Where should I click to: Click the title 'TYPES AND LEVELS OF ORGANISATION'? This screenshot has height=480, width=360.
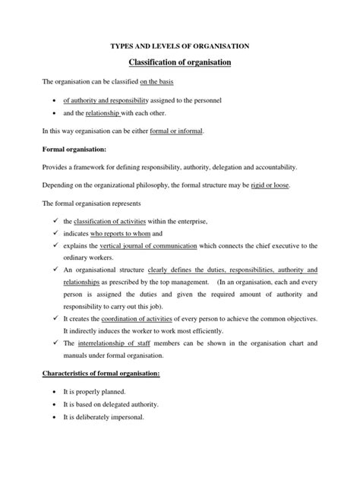[x=179, y=46]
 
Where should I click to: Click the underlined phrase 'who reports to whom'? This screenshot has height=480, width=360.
[x=125, y=234]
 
